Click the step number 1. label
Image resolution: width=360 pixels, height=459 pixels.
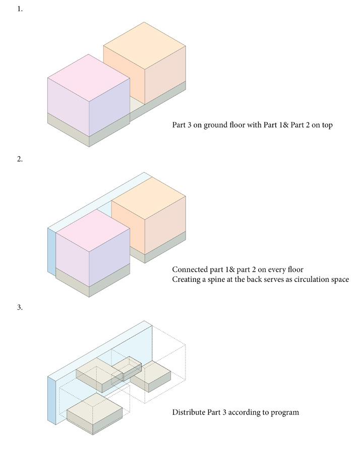pyautogui.click(x=20, y=9)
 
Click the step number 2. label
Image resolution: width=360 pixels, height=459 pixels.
pyautogui.click(x=20, y=159)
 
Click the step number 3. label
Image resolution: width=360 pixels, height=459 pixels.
pyautogui.click(x=20, y=307)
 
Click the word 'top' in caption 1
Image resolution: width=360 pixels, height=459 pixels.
pyautogui.click(x=326, y=125)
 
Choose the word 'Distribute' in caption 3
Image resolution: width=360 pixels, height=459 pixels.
pyautogui.click(x=189, y=412)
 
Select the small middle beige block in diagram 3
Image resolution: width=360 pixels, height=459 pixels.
pyautogui.click(x=127, y=367)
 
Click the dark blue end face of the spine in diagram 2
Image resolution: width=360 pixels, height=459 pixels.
pyautogui.click(x=51, y=251)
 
